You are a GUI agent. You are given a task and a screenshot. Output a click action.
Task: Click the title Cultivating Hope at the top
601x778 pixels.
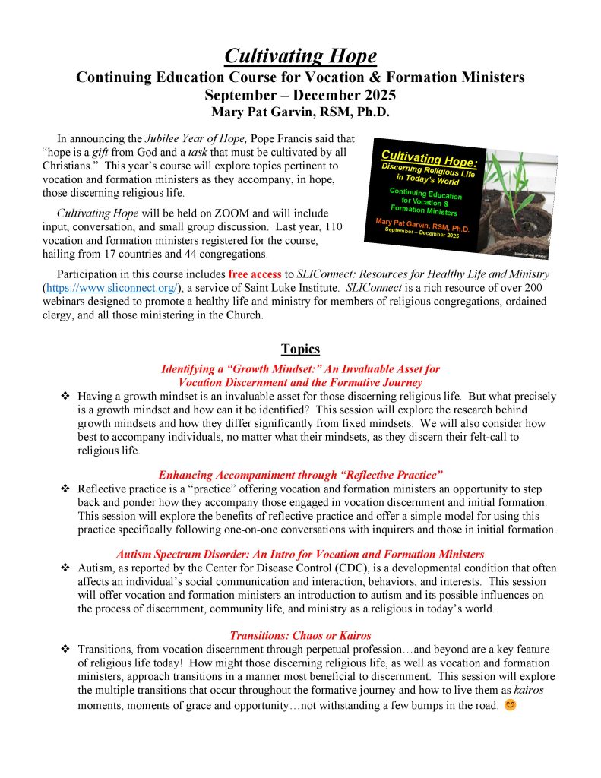pyautogui.click(x=300, y=56)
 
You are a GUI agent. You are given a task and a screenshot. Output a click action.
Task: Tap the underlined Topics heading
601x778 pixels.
pyautogui.click(x=300, y=349)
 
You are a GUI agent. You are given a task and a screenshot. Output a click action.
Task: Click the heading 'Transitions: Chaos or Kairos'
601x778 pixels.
pyautogui.click(x=300, y=635)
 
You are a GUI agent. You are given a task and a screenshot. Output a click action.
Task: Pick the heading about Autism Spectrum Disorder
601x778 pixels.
pyautogui.click(x=300, y=554)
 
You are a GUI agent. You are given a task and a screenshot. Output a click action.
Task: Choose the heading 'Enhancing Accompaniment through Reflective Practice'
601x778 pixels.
pyautogui.click(x=300, y=474)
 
